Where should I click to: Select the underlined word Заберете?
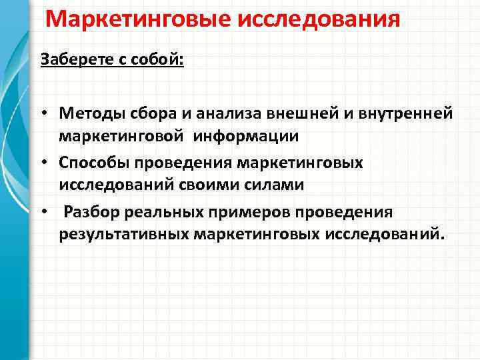74,59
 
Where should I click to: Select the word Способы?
93,163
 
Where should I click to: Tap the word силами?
275,185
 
